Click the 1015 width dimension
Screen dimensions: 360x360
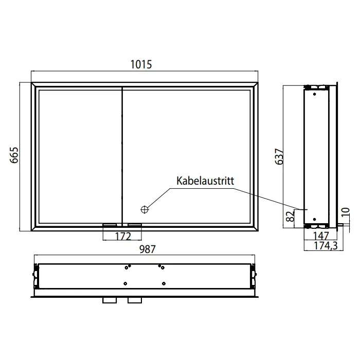tap(141, 64)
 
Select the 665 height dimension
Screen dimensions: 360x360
tap(14, 155)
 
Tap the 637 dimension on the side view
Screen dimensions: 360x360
tap(279, 156)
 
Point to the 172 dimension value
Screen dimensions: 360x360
tap(123, 236)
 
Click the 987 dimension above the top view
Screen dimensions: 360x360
tap(148, 249)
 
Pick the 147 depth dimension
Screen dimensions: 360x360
tap(321, 236)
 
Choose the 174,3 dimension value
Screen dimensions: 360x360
tap(326, 246)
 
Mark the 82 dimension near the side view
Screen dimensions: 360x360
tap(290, 217)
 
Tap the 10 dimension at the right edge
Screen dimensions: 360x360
tap(345, 212)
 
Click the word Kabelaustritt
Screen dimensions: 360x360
tap(205, 181)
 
